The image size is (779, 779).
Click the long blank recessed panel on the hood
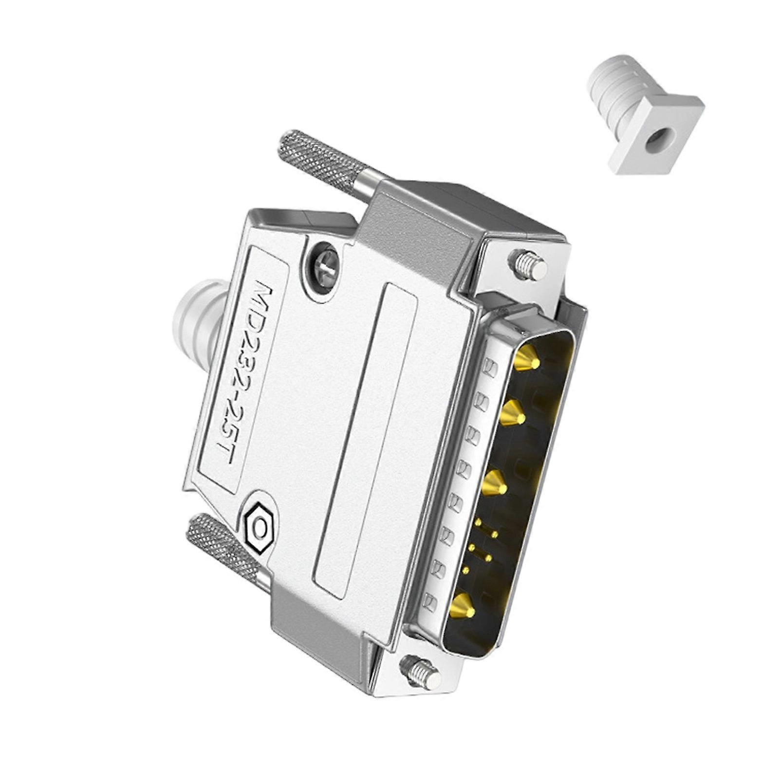coord(365,438)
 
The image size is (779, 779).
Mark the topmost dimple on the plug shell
coord(491,366)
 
